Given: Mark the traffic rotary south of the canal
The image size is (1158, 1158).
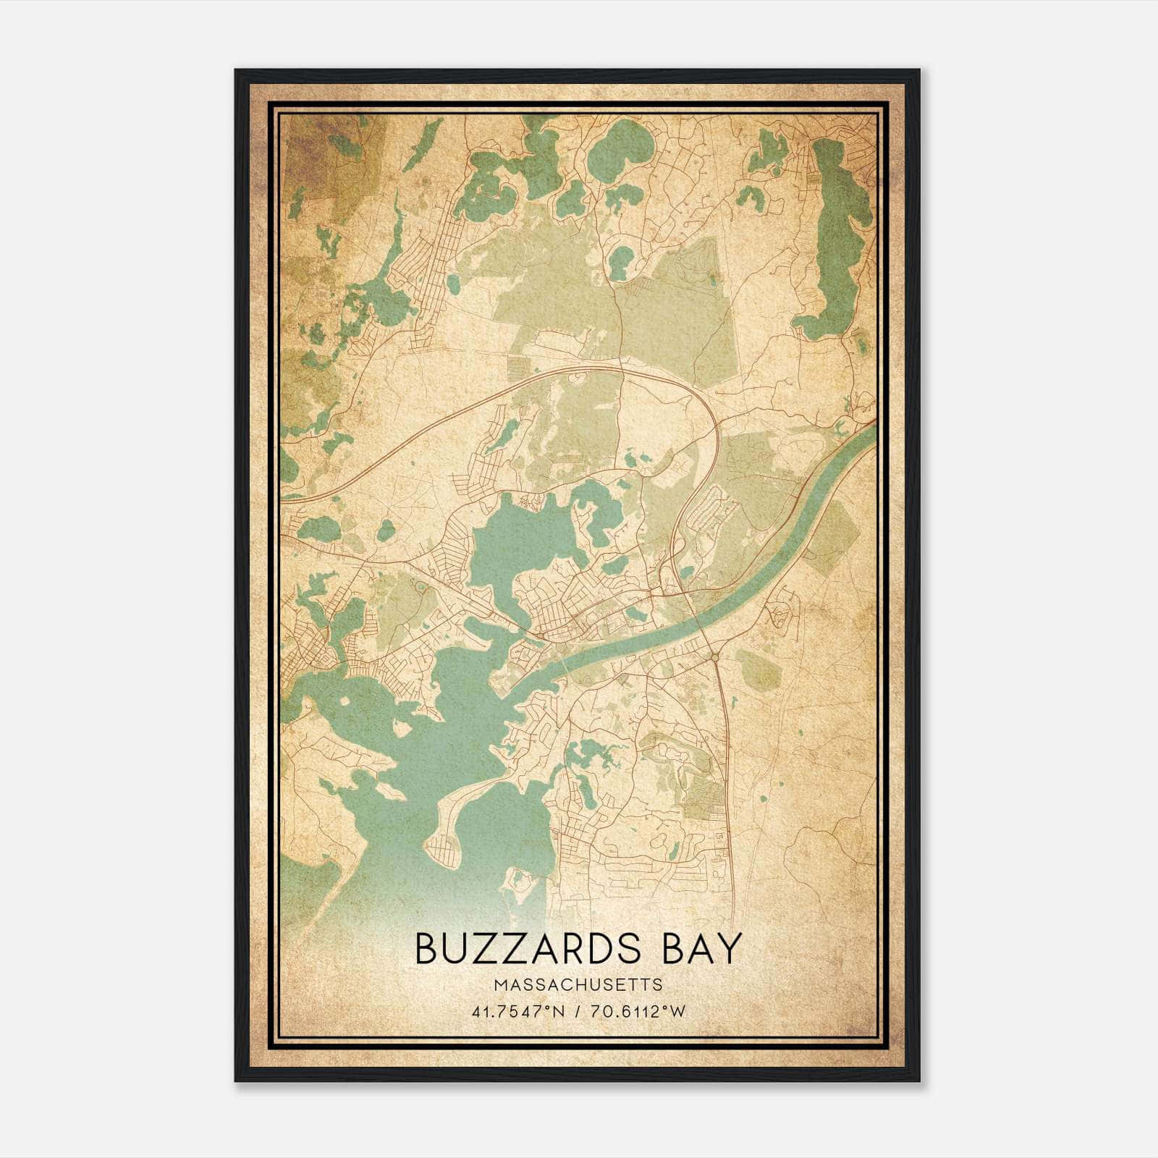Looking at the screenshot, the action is pos(714,656).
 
